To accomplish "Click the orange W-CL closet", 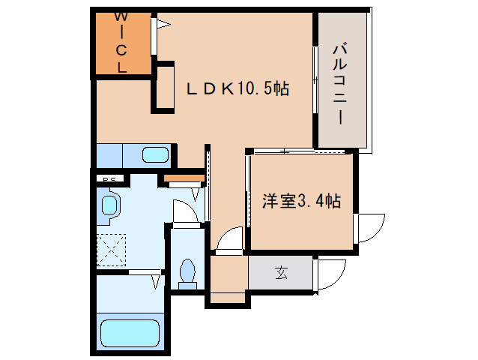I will click(121, 43).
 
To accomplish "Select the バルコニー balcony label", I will click(338, 83).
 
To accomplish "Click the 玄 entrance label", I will click(280, 273).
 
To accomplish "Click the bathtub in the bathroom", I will click(131, 331).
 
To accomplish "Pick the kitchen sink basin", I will click(155, 155).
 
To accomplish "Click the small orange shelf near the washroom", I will click(183, 178).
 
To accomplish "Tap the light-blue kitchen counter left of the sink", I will click(115, 155).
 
